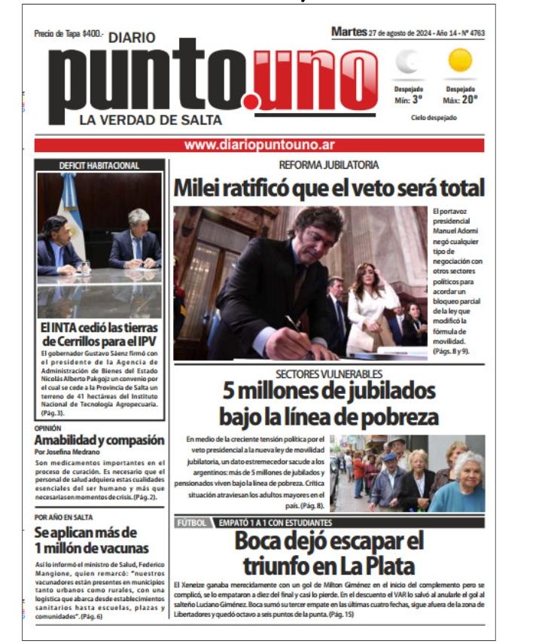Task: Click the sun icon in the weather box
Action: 459,60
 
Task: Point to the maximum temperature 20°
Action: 460,99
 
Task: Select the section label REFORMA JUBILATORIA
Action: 329,164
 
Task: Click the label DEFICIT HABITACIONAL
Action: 99,165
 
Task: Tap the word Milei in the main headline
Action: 199,188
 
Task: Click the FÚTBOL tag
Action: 190,522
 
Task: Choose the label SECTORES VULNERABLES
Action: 328,374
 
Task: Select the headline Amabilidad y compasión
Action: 99,440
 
